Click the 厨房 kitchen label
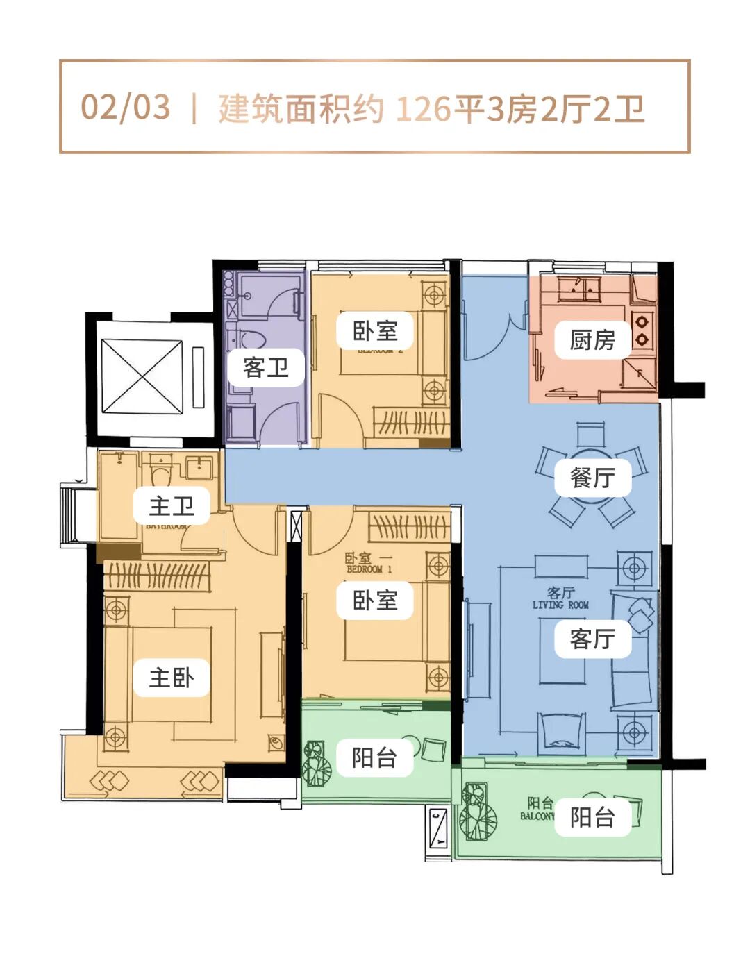point(592,340)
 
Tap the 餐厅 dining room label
point(592,478)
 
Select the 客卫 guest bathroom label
point(266,367)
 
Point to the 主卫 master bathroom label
point(172,505)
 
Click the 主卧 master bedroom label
point(172,678)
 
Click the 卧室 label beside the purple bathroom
point(375,330)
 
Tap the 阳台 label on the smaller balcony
point(375,757)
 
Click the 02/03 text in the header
point(126,108)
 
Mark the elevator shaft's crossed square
point(142,376)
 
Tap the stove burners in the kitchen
point(642,330)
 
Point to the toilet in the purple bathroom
point(253,341)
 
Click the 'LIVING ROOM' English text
point(560,605)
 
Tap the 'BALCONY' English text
point(537,816)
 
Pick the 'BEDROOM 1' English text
point(369,569)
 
